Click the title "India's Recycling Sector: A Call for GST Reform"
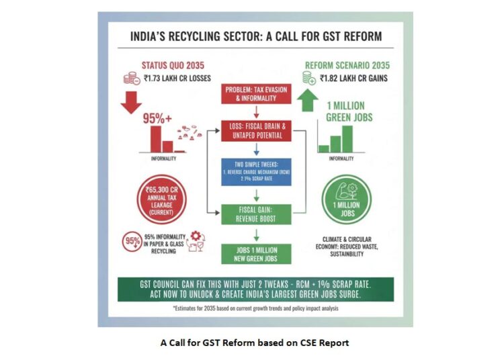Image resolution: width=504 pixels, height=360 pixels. (x=256, y=36)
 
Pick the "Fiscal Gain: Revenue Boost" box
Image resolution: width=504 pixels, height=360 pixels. (x=250, y=214)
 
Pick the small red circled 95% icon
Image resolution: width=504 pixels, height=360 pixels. (x=132, y=240)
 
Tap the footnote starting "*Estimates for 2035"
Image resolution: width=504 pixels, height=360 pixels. (x=255, y=309)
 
